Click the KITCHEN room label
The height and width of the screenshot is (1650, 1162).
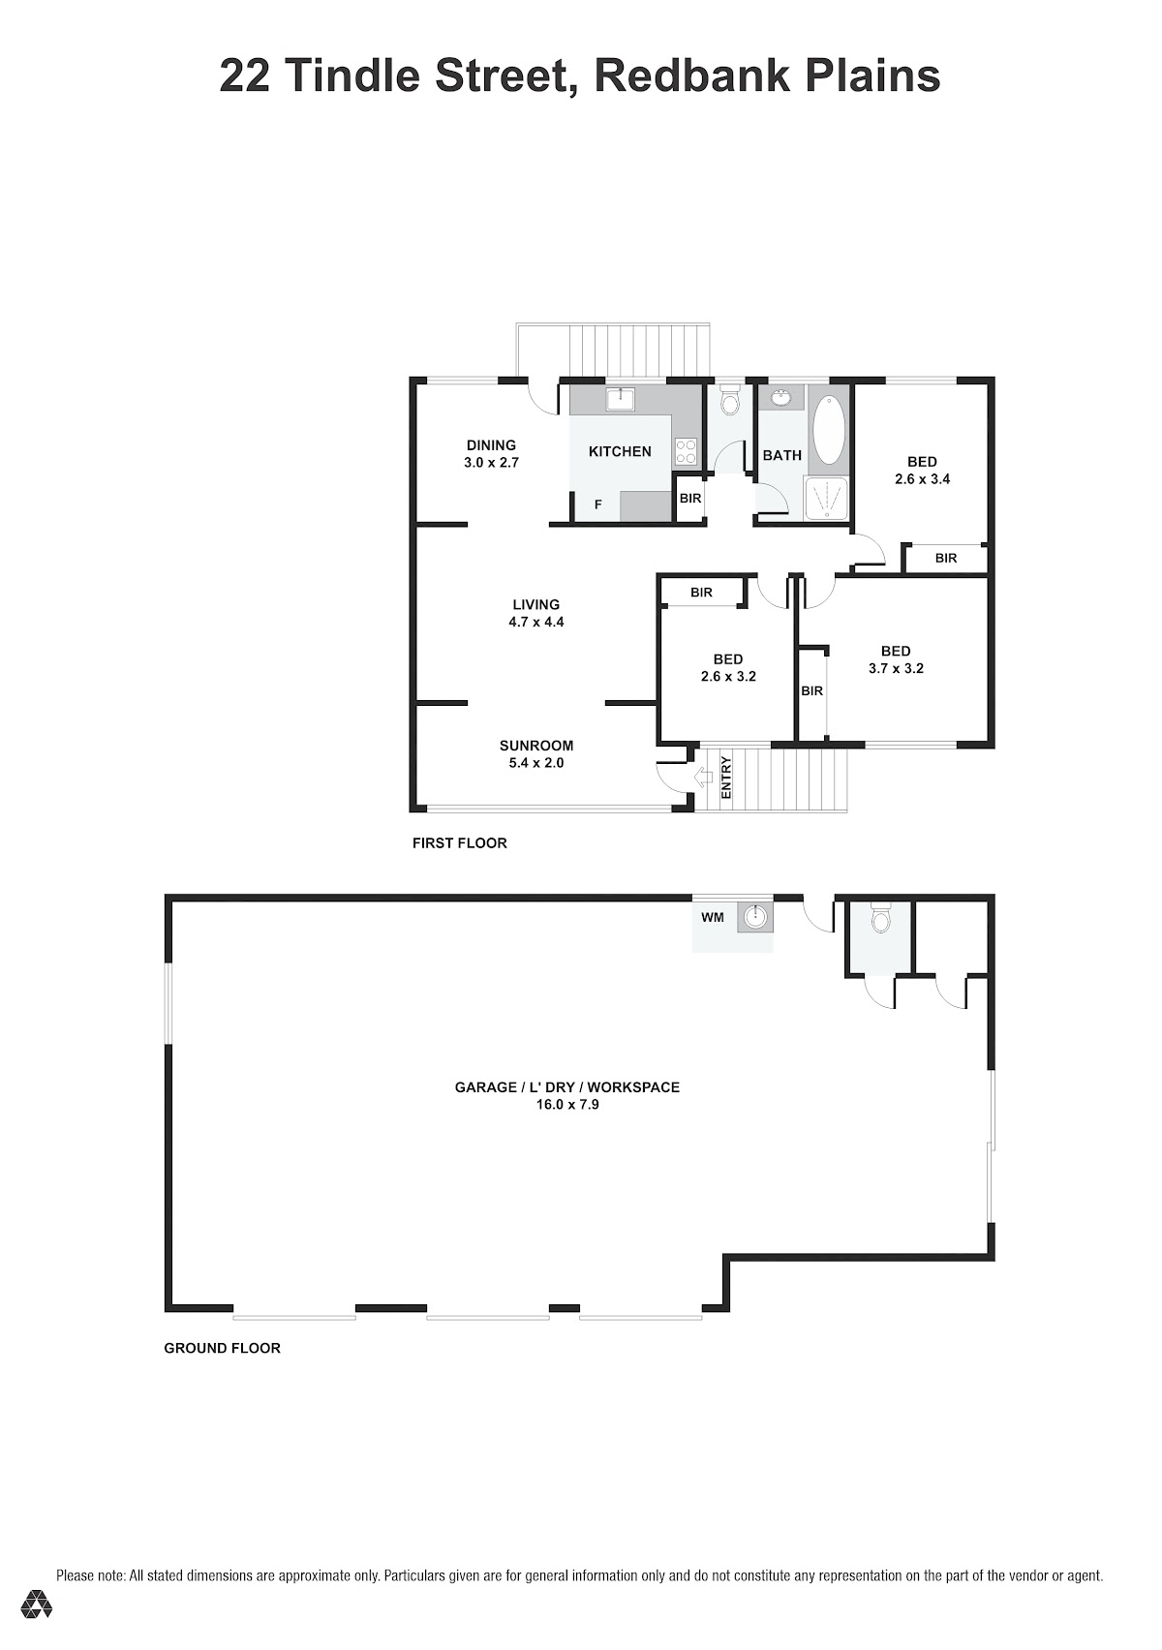pos(620,451)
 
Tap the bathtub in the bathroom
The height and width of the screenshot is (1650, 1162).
pos(830,430)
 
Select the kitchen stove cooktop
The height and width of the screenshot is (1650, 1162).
pos(685,451)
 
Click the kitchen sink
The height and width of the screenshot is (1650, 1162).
pos(622,399)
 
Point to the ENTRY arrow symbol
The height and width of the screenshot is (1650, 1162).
pos(704,775)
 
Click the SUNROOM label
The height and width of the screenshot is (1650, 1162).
pos(535,746)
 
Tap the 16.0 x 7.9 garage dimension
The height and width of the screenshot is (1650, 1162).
pos(567,1104)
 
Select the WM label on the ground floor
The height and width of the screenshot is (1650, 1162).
pos(713,917)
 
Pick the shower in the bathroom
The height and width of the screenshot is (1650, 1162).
pos(828,497)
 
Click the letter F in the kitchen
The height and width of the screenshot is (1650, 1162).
pos(597,504)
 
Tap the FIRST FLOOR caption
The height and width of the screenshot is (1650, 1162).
pos(460,842)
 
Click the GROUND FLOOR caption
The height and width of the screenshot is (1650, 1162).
pos(222,1348)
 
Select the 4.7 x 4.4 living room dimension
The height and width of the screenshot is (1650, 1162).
pos(535,622)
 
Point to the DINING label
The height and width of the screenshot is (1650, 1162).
pos(491,444)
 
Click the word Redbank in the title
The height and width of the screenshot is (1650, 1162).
pos(690,76)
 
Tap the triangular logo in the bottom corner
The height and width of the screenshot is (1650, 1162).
pos(36,1602)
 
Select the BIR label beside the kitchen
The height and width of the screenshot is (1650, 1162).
pos(689,498)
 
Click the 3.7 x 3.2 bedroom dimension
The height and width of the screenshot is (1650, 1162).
pos(896,668)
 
